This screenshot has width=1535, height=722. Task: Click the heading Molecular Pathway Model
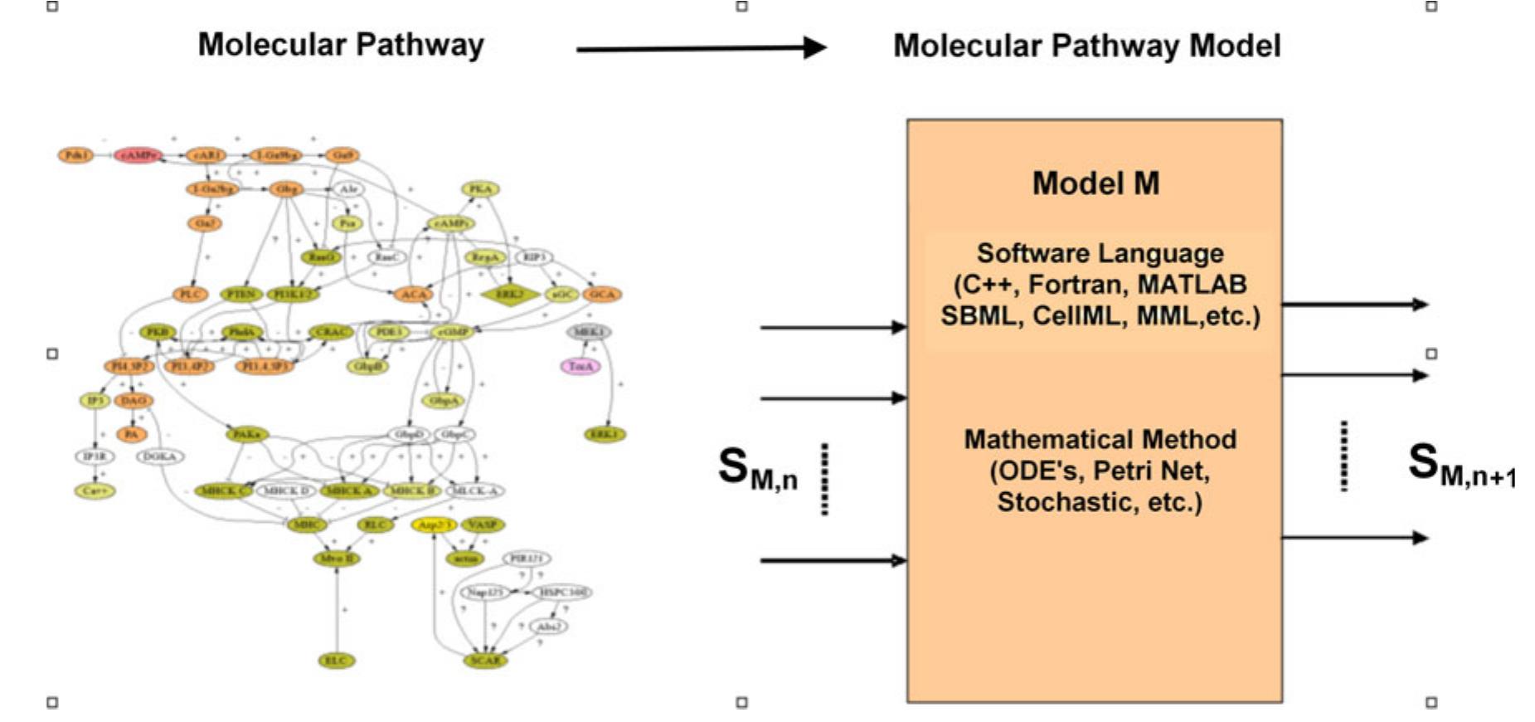point(1086,46)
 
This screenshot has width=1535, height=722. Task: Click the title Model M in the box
point(1095,183)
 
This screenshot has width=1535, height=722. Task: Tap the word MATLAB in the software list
point(1192,285)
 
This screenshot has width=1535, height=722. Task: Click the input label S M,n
point(757,469)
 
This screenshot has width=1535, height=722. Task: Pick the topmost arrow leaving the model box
point(1353,305)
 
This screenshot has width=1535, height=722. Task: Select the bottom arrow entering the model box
point(833,561)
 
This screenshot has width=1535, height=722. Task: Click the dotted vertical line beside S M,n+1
point(1343,456)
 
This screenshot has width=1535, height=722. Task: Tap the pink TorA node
point(580,365)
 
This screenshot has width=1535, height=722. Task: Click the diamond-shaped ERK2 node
point(509,294)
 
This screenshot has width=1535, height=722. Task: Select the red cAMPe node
point(138,155)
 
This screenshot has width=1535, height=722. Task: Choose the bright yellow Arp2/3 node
point(434,524)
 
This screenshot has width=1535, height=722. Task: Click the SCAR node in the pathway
point(485,661)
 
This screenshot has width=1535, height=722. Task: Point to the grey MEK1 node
point(590,332)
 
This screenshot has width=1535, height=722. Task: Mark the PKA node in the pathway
point(481,189)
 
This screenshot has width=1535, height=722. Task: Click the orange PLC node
point(191,294)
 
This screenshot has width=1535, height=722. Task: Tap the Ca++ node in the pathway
point(95,490)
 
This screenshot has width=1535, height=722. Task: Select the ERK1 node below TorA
point(605,434)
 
